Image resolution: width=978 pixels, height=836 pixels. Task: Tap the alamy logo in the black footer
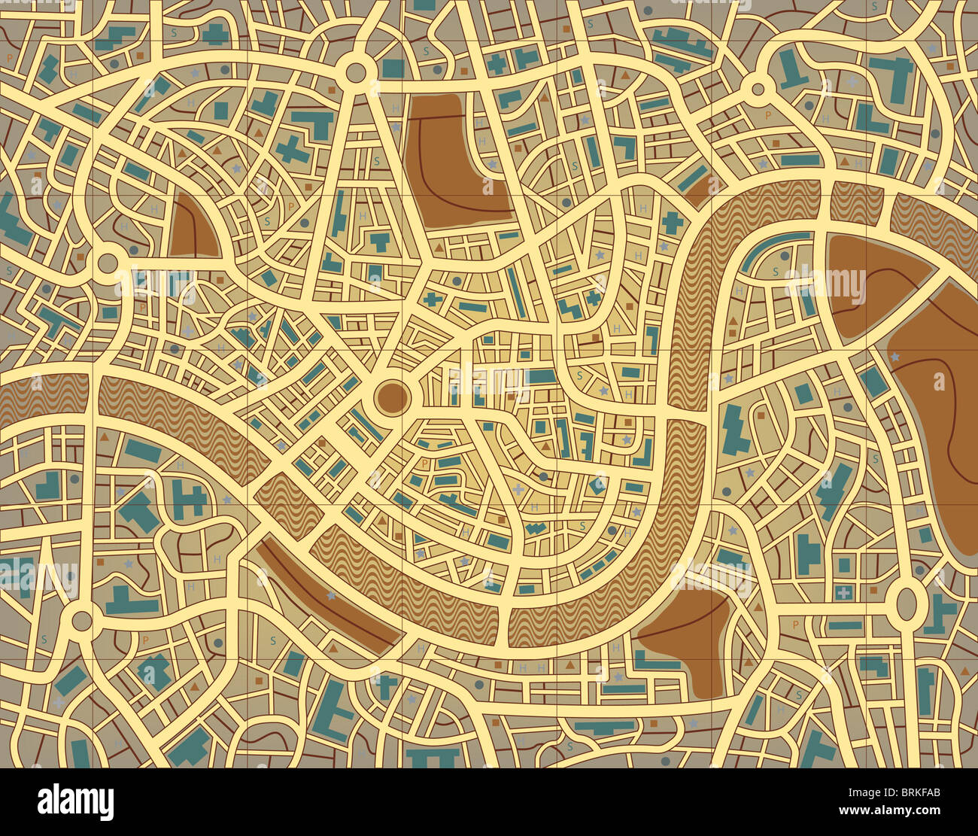[75, 802]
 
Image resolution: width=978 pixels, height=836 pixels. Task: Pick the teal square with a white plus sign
[843, 593]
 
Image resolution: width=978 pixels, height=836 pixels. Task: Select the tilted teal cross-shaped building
[292, 150]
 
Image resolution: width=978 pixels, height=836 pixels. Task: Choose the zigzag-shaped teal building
[535, 528]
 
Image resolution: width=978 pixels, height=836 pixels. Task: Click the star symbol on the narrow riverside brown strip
[332, 596]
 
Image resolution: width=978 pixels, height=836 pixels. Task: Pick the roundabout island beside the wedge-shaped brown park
[108, 263]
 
